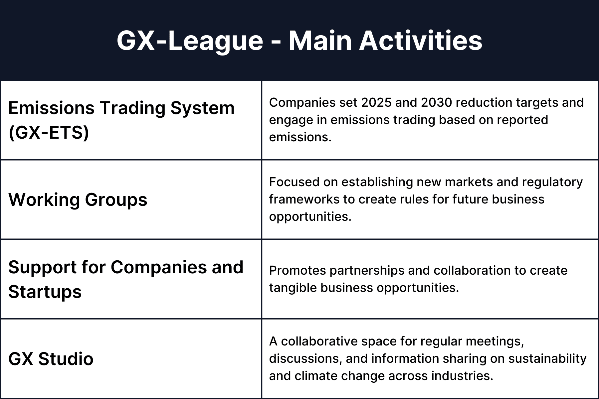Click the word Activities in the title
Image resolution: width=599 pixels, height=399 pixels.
point(421,41)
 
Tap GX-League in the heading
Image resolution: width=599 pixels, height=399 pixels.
point(190,41)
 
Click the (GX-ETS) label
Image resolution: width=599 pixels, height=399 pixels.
point(49,133)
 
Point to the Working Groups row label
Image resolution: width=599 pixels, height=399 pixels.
point(78,200)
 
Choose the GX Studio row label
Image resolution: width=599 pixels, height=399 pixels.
point(51,359)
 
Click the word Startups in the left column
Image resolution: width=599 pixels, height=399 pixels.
point(45,292)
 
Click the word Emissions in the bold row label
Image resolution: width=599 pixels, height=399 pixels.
point(52,108)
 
